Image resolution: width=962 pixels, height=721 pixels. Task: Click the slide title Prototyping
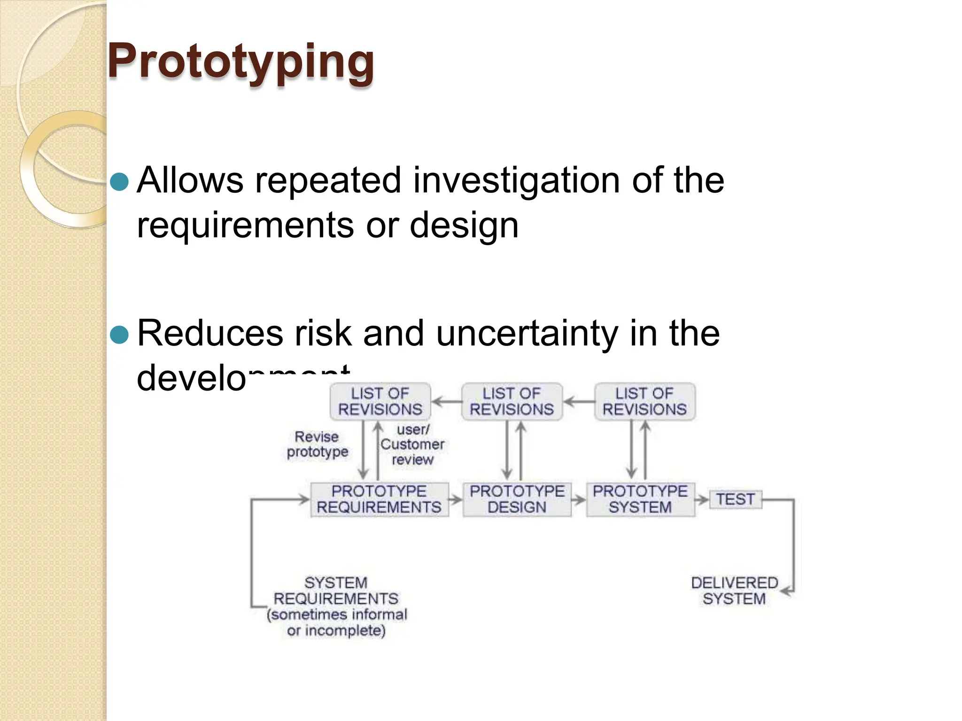point(241,61)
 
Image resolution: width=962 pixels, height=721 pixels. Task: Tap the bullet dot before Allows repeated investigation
point(119,182)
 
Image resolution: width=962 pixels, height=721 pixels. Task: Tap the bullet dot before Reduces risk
point(119,335)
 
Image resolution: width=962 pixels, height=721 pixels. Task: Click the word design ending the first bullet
point(464,226)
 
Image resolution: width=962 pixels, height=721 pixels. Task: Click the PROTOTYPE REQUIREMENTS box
point(379,499)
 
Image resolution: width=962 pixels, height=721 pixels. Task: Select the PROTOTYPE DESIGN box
point(517,499)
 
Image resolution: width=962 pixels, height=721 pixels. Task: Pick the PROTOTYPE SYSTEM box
point(640,499)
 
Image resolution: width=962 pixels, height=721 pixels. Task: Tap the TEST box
point(735,499)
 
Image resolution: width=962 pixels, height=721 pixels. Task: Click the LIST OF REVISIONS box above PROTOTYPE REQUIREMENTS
point(380,402)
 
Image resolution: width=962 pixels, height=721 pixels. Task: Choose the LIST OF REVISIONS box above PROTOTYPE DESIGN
point(512,402)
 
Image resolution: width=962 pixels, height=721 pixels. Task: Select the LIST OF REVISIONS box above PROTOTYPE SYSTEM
point(644,402)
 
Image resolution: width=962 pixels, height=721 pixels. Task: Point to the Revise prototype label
point(317,444)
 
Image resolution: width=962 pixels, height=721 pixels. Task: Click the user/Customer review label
point(412,445)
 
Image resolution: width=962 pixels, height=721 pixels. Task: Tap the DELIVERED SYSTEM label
point(734,591)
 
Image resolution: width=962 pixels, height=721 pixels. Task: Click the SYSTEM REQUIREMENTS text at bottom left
point(336,591)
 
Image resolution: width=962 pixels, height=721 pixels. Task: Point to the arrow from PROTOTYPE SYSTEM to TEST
point(702,500)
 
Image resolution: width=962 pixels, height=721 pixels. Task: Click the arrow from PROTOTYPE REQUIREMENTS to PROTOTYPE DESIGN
point(455,500)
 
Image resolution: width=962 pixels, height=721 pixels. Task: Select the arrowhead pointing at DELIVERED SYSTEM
point(786,591)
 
